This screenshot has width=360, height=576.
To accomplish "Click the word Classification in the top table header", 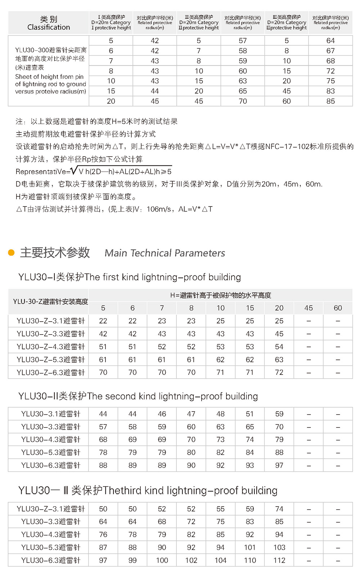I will click(49, 27).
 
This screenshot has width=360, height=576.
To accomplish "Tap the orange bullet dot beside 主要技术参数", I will click(12, 253).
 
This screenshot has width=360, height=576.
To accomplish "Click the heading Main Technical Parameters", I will click(165, 253).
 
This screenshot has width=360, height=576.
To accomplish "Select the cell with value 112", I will click(279, 560).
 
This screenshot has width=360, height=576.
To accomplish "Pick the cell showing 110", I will click(250, 560).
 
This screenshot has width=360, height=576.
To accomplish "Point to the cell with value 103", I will click(279, 547).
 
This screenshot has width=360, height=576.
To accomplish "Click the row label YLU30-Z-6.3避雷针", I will click(50, 372).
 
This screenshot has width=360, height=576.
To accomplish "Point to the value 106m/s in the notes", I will click(158, 209).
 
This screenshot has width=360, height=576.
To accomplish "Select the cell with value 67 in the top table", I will click(330, 51).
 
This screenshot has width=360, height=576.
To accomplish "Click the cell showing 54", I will click(279, 346).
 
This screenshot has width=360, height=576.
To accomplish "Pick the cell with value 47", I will click(191, 414).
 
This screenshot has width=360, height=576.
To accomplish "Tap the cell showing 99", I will click(132, 560).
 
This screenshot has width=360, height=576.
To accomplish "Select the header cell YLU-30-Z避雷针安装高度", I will click(50, 301).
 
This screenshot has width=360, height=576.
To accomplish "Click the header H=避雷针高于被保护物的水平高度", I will click(220, 295).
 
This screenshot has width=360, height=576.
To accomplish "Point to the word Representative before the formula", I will click(43, 172).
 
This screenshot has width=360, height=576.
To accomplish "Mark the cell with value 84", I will click(250, 452).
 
